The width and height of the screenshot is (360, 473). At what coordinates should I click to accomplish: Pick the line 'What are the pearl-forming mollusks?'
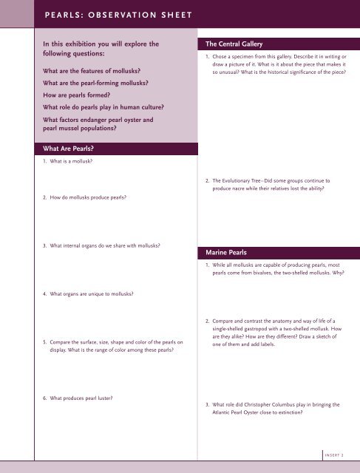[95, 83]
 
